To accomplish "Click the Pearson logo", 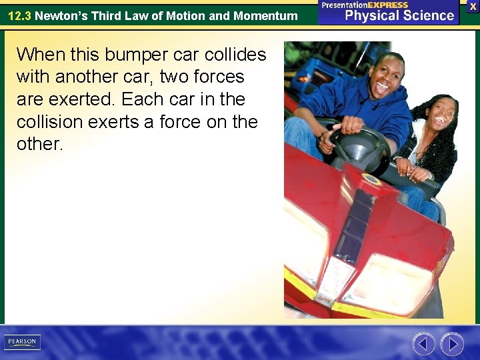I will pyautogui.click(x=22, y=342).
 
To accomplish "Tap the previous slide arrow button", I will pyautogui.click(x=423, y=344).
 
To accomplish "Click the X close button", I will pyautogui.click(x=473, y=5).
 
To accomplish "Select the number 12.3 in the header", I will pyautogui.click(x=19, y=15).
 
